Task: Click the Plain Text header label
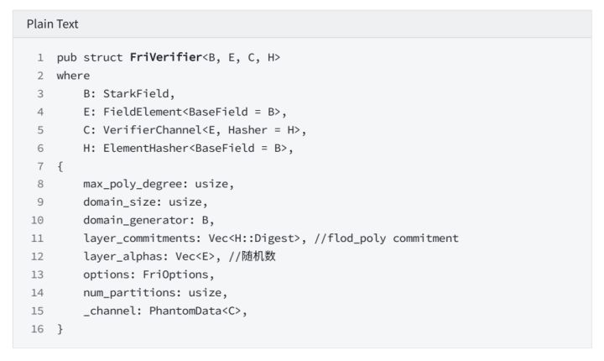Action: [x=52, y=24]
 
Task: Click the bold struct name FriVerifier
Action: [x=166, y=57]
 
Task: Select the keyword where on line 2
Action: [x=73, y=76]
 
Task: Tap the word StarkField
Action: [x=136, y=93]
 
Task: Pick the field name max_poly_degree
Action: [x=133, y=184]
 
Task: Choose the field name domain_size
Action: [x=119, y=202]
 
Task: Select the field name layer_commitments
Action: [x=139, y=238]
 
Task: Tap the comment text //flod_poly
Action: [x=350, y=238]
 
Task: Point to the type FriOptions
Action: [x=175, y=275]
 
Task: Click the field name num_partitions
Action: [x=129, y=293]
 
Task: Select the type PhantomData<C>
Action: [x=195, y=311]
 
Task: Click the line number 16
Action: [x=38, y=328]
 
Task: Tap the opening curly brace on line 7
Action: [x=60, y=166]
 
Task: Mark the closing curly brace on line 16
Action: [x=60, y=329]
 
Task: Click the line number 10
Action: [x=38, y=220]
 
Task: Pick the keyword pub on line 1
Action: [x=66, y=57]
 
